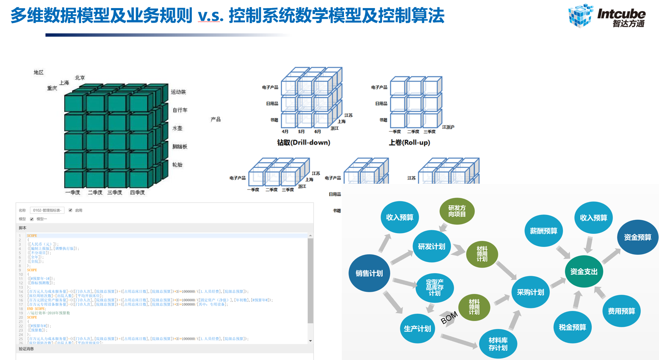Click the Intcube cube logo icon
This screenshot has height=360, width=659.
tap(580, 16)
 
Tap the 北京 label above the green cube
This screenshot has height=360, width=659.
tap(80, 78)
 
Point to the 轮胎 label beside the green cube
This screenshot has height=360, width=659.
tap(177, 165)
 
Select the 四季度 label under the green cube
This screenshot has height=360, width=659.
tap(138, 192)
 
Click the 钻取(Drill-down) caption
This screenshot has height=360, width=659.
tap(304, 143)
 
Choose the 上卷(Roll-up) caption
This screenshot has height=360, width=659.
tap(409, 143)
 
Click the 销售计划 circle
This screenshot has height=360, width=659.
tap(369, 273)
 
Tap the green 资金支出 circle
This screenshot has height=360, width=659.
tap(584, 272)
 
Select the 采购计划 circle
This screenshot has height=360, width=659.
tap(530, 292)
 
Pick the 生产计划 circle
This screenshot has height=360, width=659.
tap(417, 328)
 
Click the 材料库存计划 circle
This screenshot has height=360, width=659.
tap(498, 344)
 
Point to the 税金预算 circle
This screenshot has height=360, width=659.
tap(572, 327)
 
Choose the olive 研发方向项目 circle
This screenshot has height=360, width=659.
tap(457, 211)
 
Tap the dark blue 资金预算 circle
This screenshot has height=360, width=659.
tap(638, 237)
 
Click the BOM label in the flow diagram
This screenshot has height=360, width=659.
tap(449, 317)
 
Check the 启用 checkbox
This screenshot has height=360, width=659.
tap(70, 210)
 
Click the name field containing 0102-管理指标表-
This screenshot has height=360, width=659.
tap(47, 210)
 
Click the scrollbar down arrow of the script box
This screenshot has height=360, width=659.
tap(310, 341)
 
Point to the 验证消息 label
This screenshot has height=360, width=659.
tap(26, 349)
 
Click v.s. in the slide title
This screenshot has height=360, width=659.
tap(210, 16)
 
